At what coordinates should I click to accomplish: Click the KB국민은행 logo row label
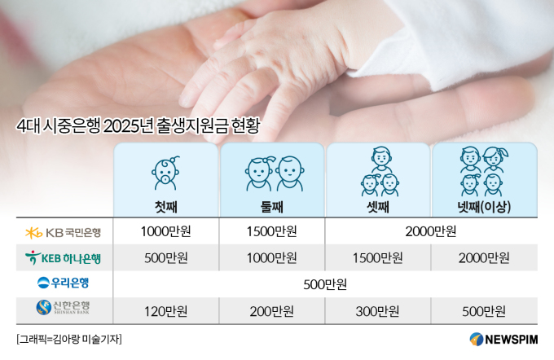(64, 232)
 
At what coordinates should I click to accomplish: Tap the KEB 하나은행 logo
(63, 258)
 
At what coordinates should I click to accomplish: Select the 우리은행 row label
(63, 283)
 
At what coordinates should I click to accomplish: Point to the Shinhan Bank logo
(63, 307)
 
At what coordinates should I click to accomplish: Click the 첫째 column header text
(166, 207)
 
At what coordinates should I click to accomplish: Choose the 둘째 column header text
(272, 207)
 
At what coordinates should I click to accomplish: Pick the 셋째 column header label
(378, 207)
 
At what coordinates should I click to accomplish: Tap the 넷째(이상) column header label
(484, 207)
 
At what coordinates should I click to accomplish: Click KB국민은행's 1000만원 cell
(166, 231)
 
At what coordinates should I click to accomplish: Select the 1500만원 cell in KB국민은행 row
(271, 231)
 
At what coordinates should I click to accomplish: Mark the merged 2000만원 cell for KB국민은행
(431, 231)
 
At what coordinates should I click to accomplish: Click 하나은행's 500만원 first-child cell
(166, 258)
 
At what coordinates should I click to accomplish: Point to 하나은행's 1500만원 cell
(378, 258)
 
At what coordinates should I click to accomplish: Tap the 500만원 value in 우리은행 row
(325, 284)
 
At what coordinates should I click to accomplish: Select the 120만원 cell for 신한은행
(166, 311)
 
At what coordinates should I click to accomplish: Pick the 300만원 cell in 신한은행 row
(378, 311)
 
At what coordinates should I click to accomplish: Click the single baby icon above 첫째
(165, 173)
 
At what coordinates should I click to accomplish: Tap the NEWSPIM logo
(503, 339)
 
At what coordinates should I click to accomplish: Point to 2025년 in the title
(129, 126)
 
